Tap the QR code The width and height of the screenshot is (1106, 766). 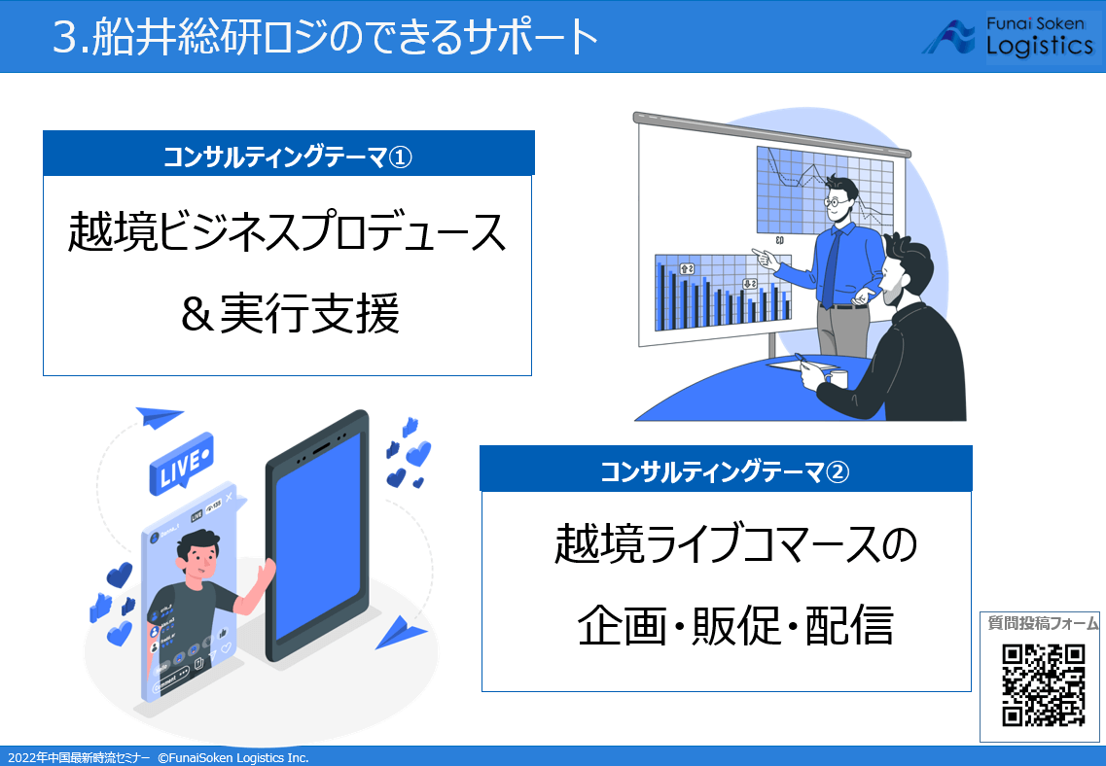pos(1043,685)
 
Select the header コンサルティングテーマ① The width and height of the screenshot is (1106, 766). pos(288,155)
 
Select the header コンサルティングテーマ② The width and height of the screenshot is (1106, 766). pos(726,471)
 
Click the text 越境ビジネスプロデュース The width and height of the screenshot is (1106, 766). pos(288,234)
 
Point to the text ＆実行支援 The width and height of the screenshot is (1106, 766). pos(288,315)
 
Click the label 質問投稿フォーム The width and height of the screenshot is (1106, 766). pos(1043,623)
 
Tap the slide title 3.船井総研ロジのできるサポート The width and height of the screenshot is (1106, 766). pos(326,37)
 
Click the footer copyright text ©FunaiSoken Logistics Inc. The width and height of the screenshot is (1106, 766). pos(232,757)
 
